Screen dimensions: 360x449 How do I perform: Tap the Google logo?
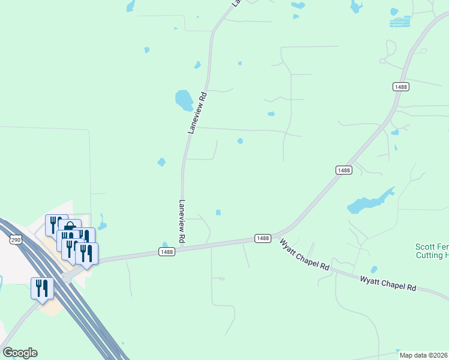point(20,353)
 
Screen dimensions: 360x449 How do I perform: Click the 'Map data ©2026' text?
point(424,355)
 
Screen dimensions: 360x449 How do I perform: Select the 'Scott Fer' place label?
point(432,247)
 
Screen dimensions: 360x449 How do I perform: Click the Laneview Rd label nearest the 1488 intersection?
point(181,221)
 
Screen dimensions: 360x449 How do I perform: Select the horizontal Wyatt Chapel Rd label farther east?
point(388,283)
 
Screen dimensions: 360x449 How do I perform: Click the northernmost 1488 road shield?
point(401,87)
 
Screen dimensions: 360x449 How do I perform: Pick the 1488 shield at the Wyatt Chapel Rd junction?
point(262,238)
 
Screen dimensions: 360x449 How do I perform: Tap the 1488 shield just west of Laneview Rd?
point(167,252)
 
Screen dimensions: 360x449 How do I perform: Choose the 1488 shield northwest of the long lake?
point(344,170)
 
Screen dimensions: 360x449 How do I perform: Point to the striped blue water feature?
point(400,22)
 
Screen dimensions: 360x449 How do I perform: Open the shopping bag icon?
point(70,228)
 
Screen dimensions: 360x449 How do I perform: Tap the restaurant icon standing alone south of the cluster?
point(42,288)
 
